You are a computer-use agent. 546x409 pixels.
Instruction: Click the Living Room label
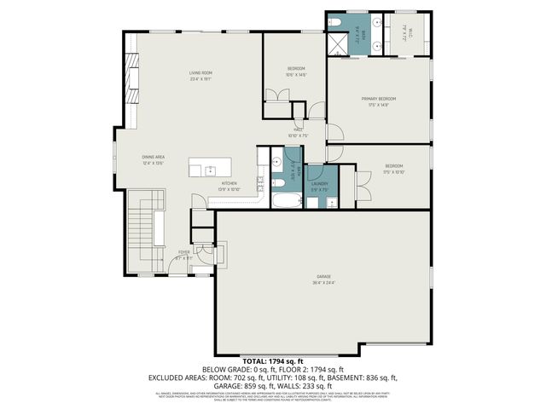click(x=200, y=73)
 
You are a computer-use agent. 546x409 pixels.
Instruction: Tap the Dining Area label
click(x=154, y=158)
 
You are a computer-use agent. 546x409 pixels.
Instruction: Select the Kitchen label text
click(x=229, y=183)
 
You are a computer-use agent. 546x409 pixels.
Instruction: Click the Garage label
click(x=324, y=277)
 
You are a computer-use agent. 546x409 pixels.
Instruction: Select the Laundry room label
click(x=320, y=183)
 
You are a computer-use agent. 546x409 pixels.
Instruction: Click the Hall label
click(x=299, y=130)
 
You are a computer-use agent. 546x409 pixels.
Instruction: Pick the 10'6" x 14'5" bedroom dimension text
click(x=296, y=75)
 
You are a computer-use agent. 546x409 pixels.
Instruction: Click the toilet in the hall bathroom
click(x=277, y=182)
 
